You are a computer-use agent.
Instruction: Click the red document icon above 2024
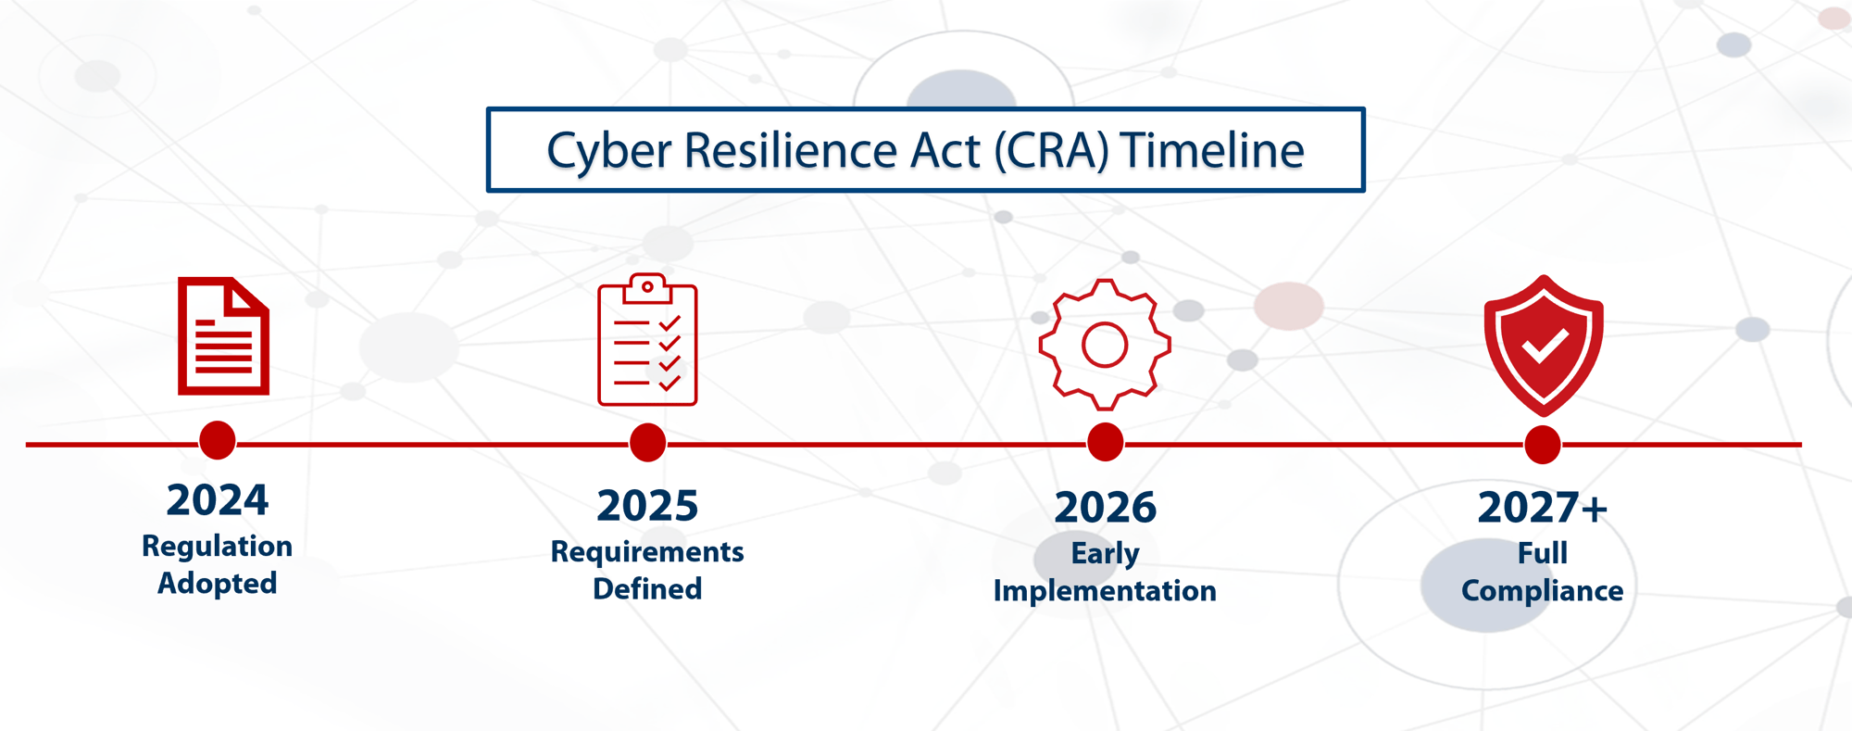(223, 336)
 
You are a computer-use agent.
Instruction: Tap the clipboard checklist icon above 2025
(647, 341)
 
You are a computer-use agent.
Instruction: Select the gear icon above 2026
(1105, 345)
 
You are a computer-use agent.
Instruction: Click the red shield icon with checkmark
(1543, 346)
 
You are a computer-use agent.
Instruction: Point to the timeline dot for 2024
(218, 440)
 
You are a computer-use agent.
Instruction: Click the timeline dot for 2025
(647, 443)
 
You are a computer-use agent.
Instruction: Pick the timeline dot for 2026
(1105, 443)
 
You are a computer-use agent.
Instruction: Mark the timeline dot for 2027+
(1543, 445)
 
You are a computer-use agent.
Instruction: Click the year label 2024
(218, 500)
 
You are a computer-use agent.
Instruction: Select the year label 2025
(647, 506)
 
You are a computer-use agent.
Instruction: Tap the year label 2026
(1105, 508)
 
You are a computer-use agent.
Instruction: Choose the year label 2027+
(1543, 508)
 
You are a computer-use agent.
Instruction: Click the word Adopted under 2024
(218, 584)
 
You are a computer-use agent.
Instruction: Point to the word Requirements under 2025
(647, 551)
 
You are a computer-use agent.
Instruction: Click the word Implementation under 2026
(1105, 591)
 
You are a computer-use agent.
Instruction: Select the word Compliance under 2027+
(1543, 591)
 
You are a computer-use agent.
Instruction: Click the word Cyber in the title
(608, 151)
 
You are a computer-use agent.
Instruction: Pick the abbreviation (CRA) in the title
(1051, 151)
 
